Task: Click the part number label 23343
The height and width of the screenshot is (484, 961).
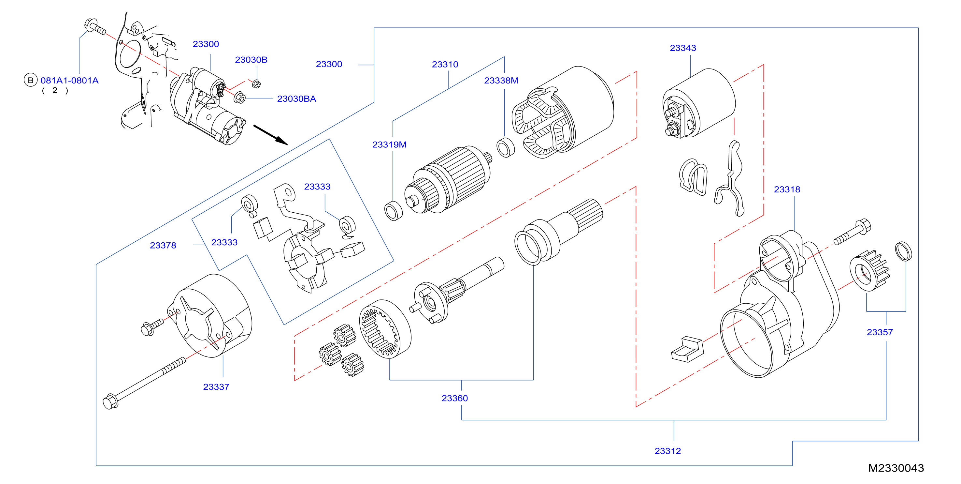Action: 683,48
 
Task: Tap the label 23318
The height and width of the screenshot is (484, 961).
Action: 787,189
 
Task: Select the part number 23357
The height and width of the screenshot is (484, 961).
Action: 880,332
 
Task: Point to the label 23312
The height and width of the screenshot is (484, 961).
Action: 667,451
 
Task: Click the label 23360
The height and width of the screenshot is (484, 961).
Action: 454,398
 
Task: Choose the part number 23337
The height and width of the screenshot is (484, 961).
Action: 216,387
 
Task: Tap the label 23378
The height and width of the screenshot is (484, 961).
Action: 163,245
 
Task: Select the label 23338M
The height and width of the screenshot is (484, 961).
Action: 501,80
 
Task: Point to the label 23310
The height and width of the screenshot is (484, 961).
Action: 445,64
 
